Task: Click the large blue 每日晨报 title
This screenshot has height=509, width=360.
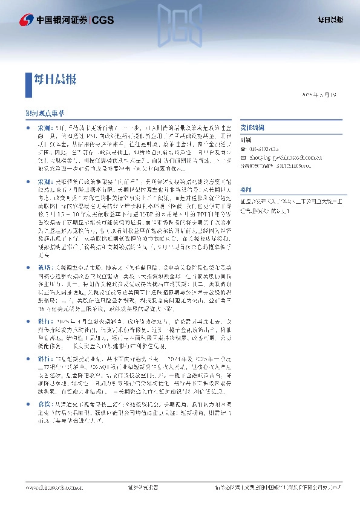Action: tap(54, 79)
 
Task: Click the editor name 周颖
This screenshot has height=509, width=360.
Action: tap(246, 140)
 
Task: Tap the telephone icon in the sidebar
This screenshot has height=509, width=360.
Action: tap(243, 148)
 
